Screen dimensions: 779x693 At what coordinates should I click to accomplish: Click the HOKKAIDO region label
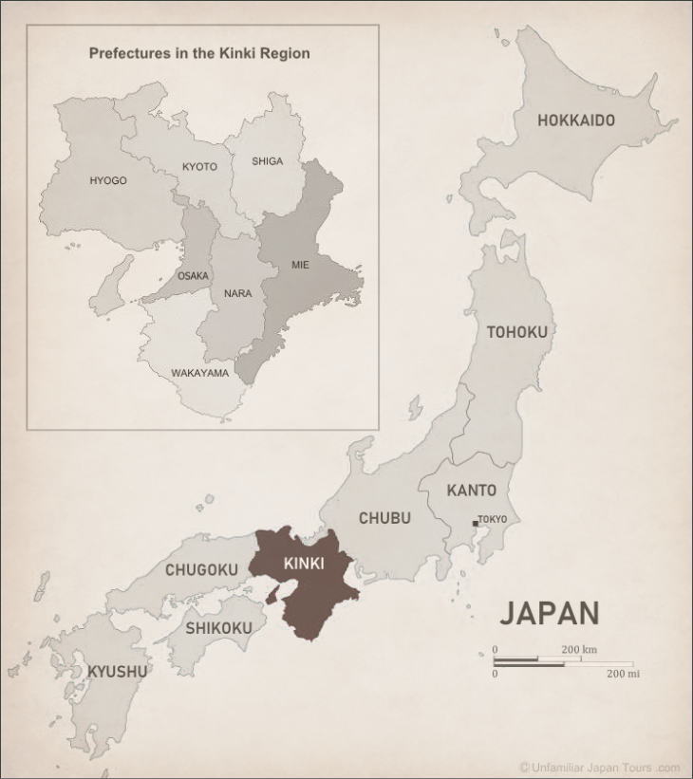pos(576,121)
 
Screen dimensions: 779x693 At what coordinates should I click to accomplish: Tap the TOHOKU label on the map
pos(516,332)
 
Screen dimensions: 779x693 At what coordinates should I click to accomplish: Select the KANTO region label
pos(471,491)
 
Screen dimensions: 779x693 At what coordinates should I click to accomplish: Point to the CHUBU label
pos(384,518)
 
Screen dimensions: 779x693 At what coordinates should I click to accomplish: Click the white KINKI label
pos(304,564)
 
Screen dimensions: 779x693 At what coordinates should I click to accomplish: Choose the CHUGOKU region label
pos(201,570)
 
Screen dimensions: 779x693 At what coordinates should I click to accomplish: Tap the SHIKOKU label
pos(218,628)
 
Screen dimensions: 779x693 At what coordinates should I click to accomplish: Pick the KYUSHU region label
pos(118,672)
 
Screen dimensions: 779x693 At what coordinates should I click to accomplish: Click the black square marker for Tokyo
pos(475,523)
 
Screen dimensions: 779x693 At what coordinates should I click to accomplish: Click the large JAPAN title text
pos(550,614)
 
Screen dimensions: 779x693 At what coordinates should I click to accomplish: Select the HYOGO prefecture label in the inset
pos(108,180)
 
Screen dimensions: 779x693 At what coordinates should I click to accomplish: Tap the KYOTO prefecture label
pos(199,167)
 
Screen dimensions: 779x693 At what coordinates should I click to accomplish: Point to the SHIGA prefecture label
pos(267,161)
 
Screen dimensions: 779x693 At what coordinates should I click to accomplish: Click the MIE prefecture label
pos(300,266)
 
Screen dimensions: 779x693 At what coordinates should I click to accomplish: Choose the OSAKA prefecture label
pos(193,276)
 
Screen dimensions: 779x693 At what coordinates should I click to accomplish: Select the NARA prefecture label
pos(237,293)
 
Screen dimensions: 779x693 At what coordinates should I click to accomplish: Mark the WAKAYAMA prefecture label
pos(199,373)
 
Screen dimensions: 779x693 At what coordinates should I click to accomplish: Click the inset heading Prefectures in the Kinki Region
pos(199,53)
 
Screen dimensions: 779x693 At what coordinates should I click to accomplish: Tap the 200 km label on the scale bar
pos(578,650)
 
